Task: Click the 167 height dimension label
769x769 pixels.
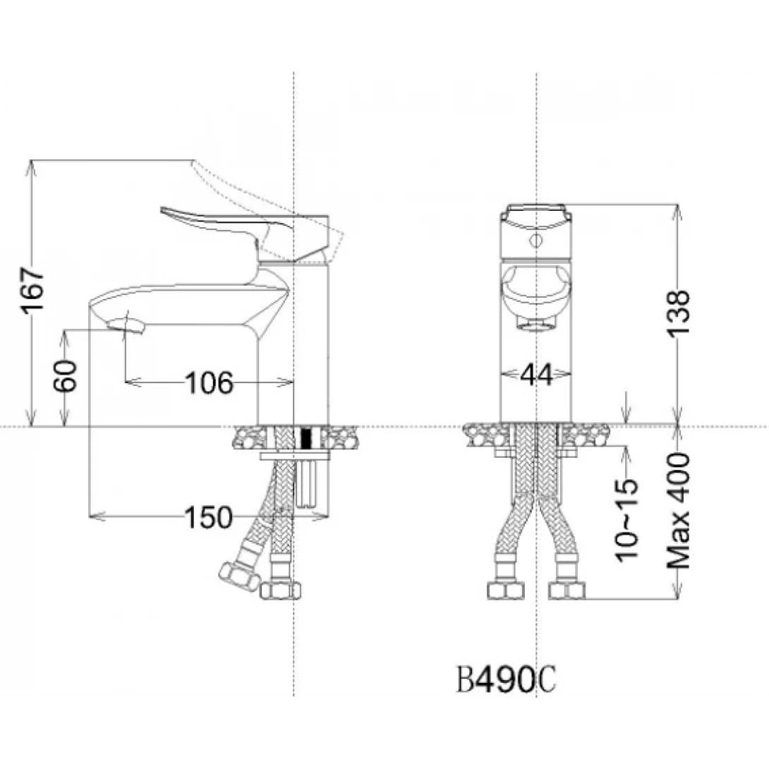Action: (32, 291)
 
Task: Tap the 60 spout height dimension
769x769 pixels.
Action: (66, 375)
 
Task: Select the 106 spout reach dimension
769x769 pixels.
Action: (209, 382)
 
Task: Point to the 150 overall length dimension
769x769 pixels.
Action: (208, 517)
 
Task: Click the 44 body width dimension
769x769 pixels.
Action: (536, 375)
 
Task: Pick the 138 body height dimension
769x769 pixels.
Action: (679, 313)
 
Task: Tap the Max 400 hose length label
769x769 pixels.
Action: (678, 510)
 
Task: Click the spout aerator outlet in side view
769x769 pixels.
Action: (126, 325)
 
